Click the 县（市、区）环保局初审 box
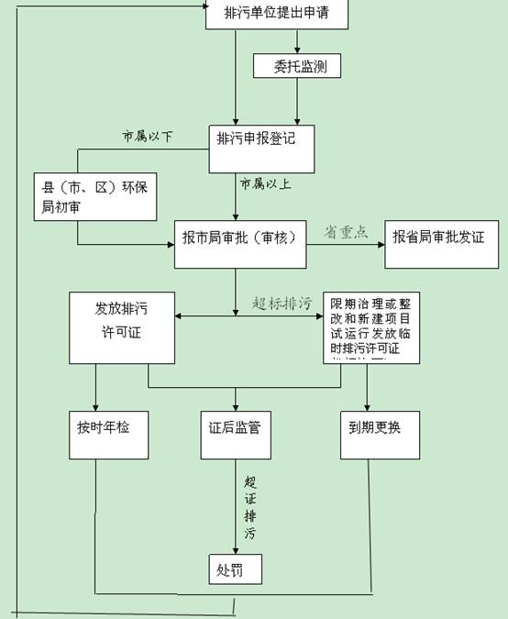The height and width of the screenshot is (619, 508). coord(95,196)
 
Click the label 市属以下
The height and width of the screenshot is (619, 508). coord(148,137)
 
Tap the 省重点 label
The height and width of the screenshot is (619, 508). coord(346,232)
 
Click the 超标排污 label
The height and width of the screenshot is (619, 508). coord(282,303)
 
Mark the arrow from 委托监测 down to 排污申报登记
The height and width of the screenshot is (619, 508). coord(295,101)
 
